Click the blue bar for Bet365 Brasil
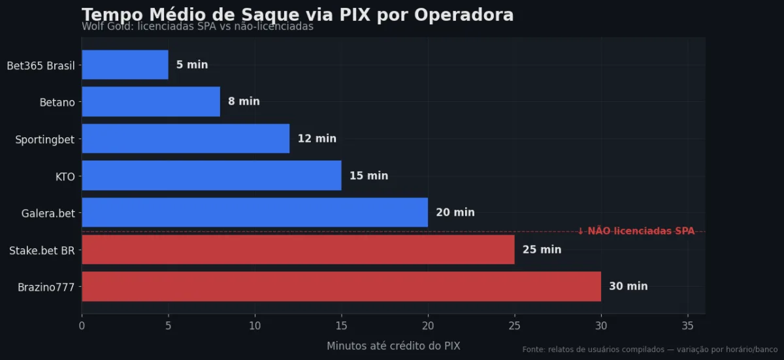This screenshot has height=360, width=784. [125, 65]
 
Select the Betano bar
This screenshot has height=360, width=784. [151, 102]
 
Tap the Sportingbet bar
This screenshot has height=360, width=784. [186, 139]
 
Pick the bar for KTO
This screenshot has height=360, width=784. [211, 176]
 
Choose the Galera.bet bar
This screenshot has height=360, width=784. [255, 212]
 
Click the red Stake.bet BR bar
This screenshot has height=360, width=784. [298, 250]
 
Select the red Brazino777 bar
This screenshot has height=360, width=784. [341, 286]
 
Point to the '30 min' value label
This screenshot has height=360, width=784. [628, 286]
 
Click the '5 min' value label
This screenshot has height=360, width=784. [192, 65]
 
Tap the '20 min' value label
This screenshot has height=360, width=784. [455, 212]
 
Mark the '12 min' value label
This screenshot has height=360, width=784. [317, 139]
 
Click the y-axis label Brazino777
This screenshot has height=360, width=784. [46, 286]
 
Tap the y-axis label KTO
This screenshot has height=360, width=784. [65, 176]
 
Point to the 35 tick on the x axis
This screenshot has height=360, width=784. [687, 325]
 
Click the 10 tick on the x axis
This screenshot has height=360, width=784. [255, 325]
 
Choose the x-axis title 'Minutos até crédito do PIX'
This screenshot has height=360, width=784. [393, 346]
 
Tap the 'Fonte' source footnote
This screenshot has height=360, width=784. [649, 350]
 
